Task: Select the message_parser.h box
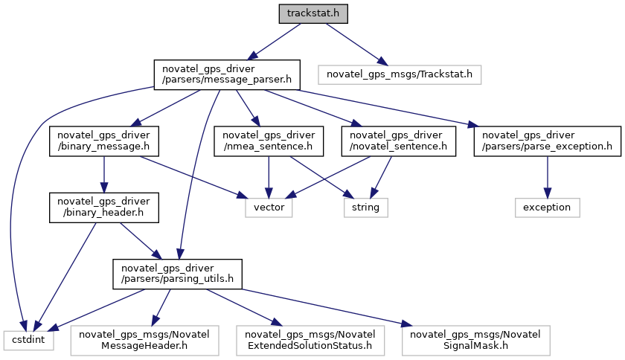click(226, 74)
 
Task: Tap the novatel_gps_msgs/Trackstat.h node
click(400, 74)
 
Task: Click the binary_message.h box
click(103, 141)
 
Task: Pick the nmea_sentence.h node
click(268, 141)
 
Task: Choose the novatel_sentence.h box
click(397, 141)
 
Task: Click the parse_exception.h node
click(548, 141)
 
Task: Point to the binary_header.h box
click(103, 208)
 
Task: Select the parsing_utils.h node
click(177, 274)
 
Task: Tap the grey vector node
click(269, 208)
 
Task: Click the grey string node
click(365, 208)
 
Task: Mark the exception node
click(548, 208)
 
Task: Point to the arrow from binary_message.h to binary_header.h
click(103, 174)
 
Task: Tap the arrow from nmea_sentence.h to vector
click(268, 176)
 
